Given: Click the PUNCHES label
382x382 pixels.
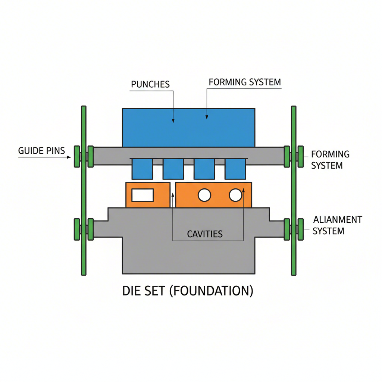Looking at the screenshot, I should (x=150, y=84).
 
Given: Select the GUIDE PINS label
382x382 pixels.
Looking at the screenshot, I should (x=41, y=151).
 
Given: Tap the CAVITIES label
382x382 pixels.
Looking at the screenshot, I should (x=204, y=234).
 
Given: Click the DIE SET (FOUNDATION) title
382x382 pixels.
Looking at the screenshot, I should (x=188, y=291).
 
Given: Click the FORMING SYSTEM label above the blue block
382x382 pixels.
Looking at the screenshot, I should (x=245, y=82).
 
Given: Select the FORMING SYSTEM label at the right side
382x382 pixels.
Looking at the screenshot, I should (x=330, y=159).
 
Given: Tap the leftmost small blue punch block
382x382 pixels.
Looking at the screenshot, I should (x=142, y=169).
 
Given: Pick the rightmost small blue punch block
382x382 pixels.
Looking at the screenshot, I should (x=235, y=169).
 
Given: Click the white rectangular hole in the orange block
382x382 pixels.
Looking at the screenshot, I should (x=143, y=195).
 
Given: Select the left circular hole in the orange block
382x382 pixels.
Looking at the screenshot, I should (x=204, y=195).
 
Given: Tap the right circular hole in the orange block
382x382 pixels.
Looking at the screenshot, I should (x=235, y=195).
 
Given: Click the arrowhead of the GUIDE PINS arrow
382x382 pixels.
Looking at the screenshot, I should (x=69, y=157).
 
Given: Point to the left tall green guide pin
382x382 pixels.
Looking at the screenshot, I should (x=84, y=190).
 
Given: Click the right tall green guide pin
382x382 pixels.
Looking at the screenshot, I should (x=294, y=190).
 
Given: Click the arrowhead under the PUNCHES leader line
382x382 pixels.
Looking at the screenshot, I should (x=173, y=120).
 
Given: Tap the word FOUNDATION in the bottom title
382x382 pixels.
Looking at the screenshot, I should (x=211, y=291).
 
